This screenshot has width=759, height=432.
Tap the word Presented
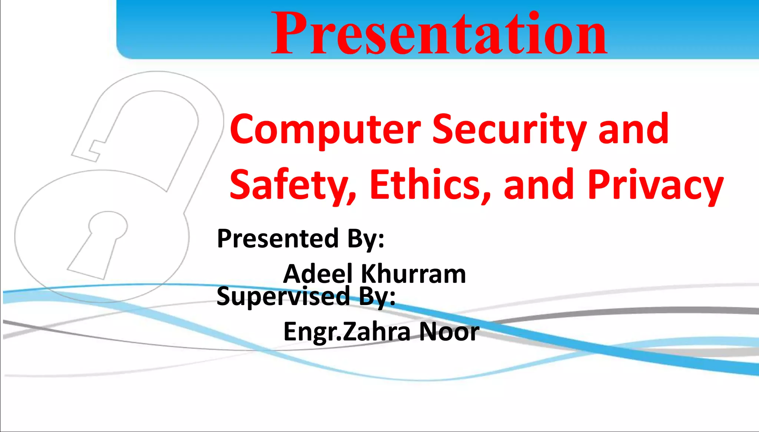[x=278, y=239]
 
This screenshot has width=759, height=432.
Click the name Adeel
[x=318, y=274]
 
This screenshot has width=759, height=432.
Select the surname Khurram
[x=413, y=274]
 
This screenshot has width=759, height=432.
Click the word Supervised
[x=283, y=297]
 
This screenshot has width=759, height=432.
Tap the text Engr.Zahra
[x=347, y=332]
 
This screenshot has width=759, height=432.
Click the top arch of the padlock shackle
[x=158, y=81]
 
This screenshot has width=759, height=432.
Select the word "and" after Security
[x=634, y=130]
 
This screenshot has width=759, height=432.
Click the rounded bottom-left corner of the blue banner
[x=122, y=54]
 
